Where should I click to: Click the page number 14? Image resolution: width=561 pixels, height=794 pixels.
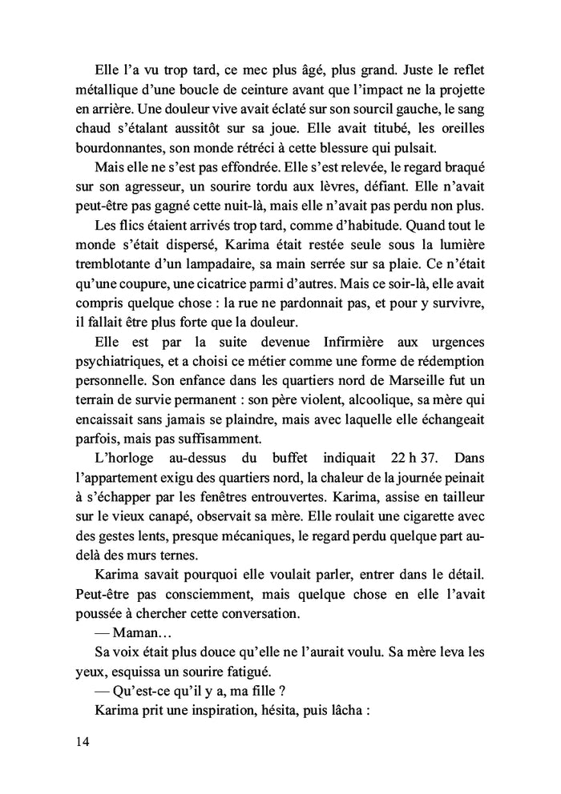(79, 741)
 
